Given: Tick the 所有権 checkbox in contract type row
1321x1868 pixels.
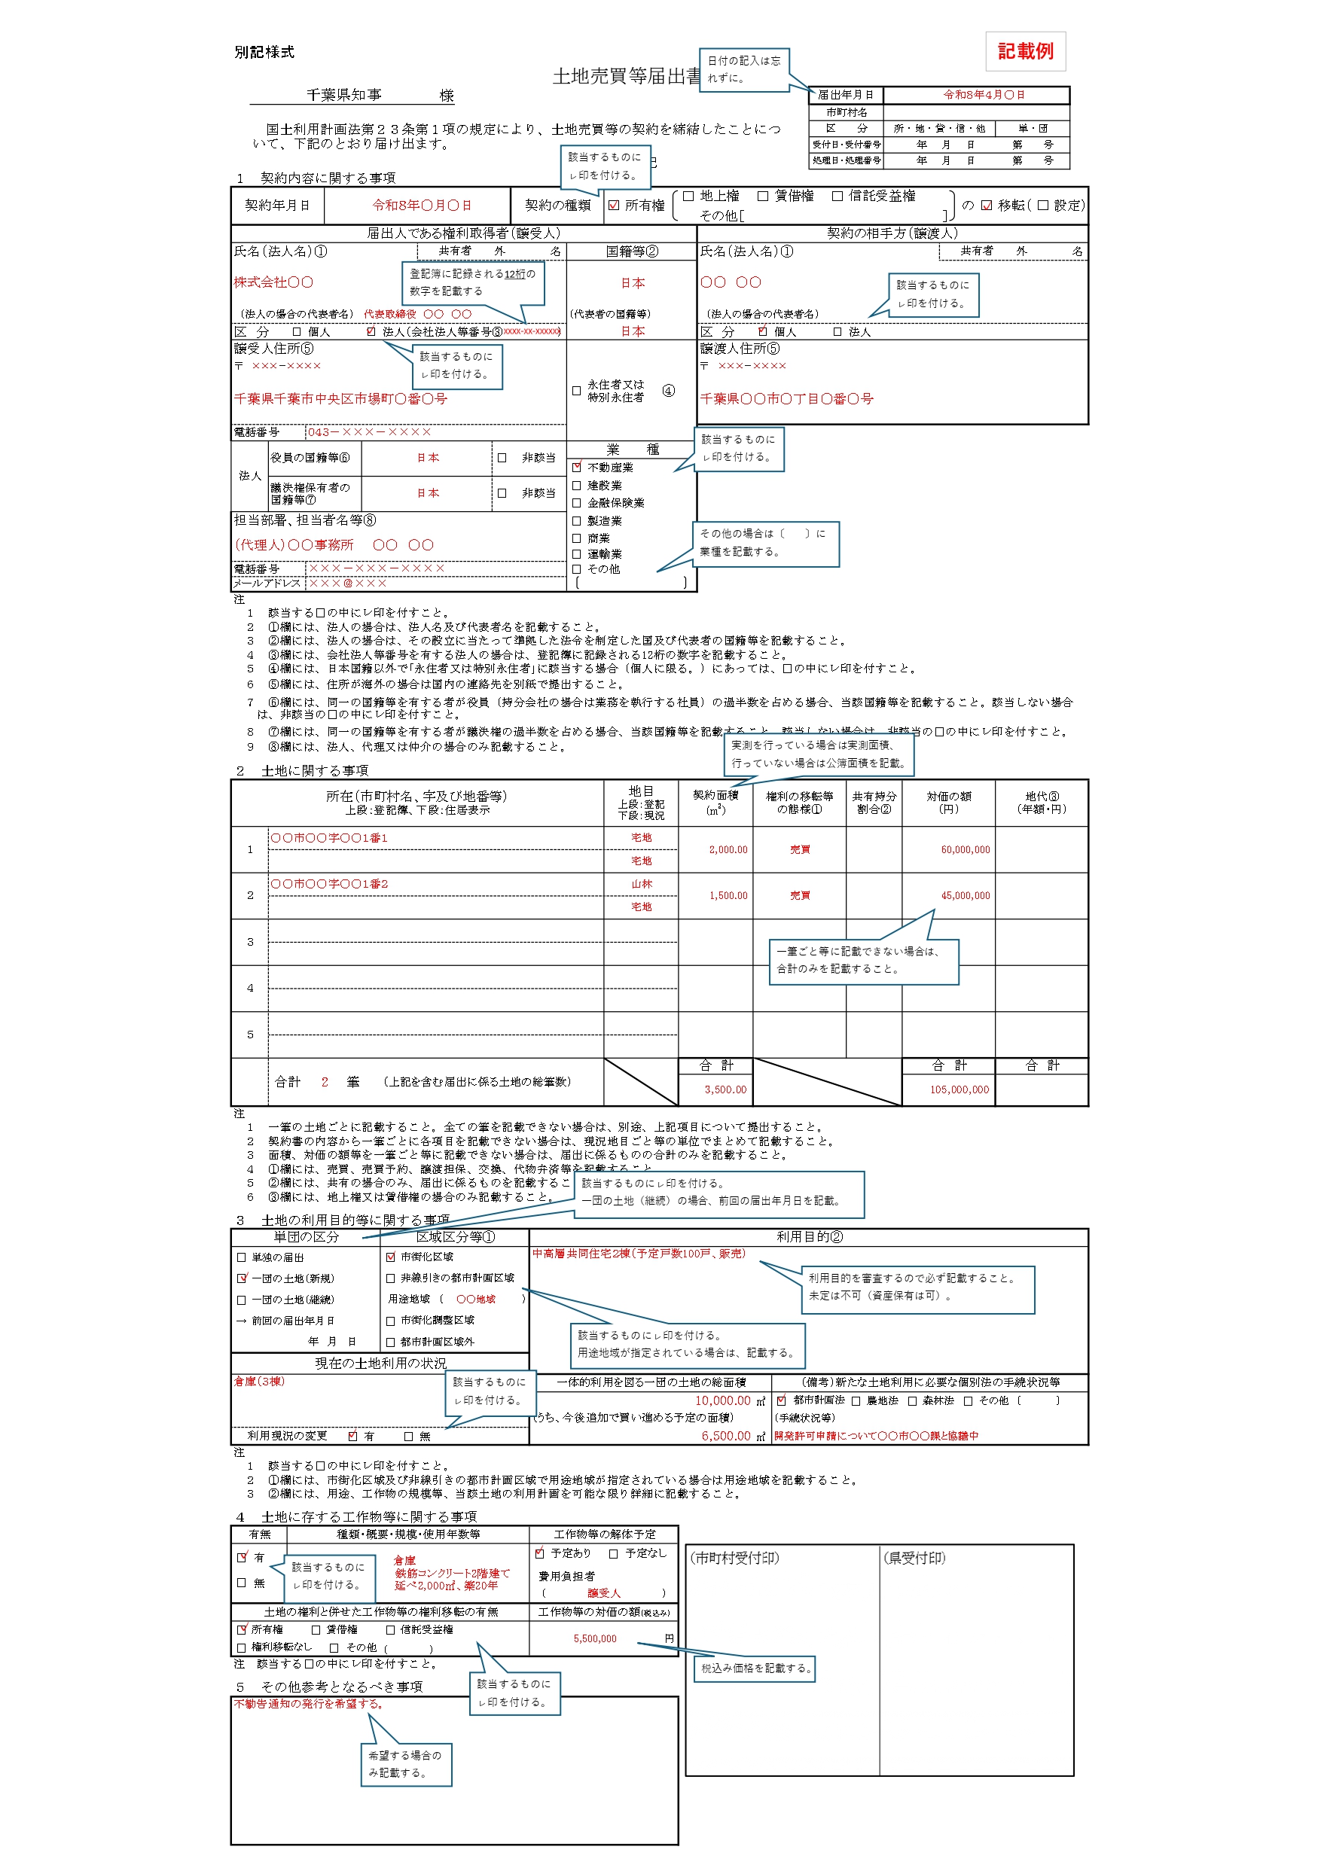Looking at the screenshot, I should (614, 205).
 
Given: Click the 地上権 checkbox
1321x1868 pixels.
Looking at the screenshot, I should (688, 196).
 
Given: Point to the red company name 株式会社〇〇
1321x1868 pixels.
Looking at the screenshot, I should (273, 282).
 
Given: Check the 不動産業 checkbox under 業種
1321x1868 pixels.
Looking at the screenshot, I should (576, 467).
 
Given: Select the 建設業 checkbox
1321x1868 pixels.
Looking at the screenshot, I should (576, 485).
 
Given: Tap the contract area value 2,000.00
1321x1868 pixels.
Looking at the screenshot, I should (728, 849).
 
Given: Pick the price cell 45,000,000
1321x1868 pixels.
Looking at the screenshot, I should (966, 895).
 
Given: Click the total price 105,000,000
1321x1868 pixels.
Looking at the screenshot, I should (959, 1089).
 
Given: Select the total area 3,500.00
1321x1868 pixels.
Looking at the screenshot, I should (725, 1089).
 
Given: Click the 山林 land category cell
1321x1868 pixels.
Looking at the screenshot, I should (642, 884).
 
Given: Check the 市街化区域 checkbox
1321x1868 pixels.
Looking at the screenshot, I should (391, 1257).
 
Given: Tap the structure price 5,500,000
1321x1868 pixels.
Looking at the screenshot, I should (595, 1638).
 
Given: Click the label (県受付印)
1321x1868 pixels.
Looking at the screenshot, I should (914, 1558).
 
